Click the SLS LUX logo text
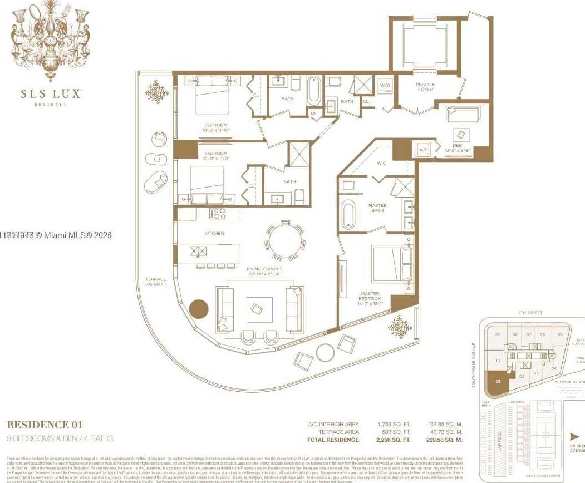(51, 93)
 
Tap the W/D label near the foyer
(385, 86)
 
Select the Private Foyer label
(425, 87)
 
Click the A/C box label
(422, 150)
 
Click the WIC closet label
(381, 163)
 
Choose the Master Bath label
(377, 208)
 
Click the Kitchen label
(214, 233)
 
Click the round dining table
(285, 241)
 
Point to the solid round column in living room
(199, 309)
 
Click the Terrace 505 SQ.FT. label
(156, 282)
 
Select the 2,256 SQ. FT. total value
(394, 440)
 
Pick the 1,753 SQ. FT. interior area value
(394, 424)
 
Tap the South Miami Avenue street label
(474, 364)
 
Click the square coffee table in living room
(259, 309)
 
